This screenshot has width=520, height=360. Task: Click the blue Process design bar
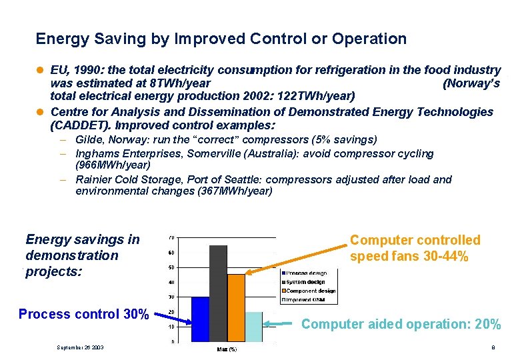tap(200, 319)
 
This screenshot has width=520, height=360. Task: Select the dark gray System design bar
tap(218, 293)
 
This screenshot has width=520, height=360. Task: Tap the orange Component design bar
tap(236, 307)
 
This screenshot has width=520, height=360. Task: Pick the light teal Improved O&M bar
tap(253, 327)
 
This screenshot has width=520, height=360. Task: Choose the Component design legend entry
tap(311, 291)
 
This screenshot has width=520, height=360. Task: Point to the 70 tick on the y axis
tap(171, 238)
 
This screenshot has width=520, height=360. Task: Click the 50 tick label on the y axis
tap(171, 267)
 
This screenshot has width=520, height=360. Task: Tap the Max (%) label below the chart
tap(227, 349)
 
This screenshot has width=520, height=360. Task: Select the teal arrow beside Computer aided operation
tap(280, 325)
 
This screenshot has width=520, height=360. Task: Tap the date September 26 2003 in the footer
tap(80, 347)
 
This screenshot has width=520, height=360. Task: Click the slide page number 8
tap(492, 347)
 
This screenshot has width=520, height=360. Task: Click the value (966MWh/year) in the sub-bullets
tap(113, 164)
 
